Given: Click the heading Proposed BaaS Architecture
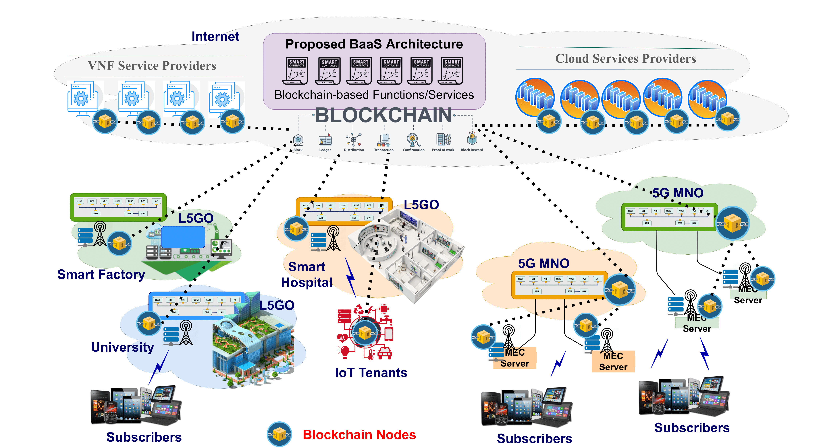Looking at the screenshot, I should tap(374, 44).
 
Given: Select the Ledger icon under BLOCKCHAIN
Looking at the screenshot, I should tap(325, 140).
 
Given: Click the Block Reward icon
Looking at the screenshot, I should tap(472, 139).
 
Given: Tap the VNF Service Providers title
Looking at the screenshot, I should tap(152, 66).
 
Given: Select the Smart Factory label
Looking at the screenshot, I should tap(101, 274).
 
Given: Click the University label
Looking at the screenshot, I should tap(122, 347).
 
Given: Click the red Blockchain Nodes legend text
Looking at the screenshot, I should tap(359, 435).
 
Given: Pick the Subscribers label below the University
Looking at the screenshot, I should tap(144, 437).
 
